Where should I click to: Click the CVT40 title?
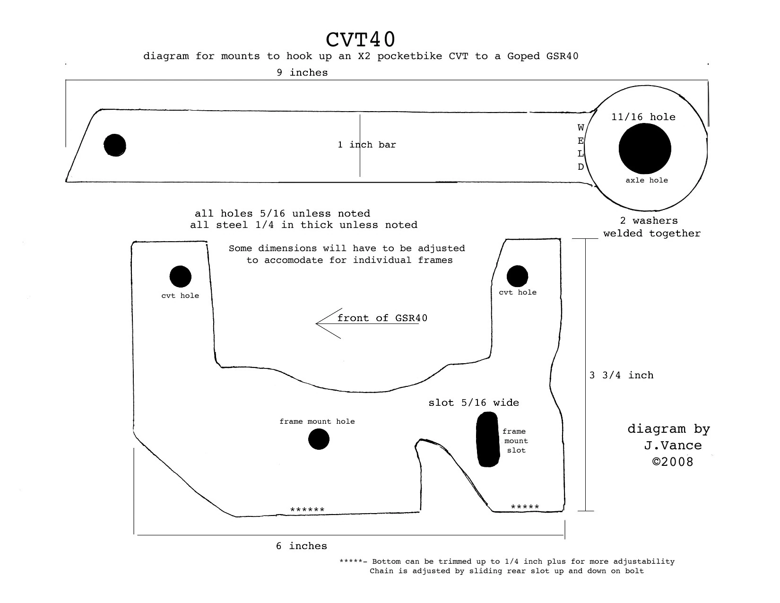(360, 39)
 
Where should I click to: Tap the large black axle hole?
(645, 149)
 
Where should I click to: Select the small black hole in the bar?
(115, 145)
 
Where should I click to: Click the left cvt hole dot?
(180, 277)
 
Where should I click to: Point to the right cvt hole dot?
(517, 276)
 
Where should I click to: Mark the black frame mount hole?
(319, 439)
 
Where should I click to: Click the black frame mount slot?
(488, 439)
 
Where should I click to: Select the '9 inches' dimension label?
(302, 72)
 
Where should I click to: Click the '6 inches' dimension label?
(302, 546)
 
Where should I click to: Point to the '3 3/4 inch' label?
(621, 376)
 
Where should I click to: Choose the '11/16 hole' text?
(643, 117)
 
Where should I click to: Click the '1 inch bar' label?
(367, 145)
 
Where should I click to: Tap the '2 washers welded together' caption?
(652, 227)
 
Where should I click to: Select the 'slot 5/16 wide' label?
(474, 402)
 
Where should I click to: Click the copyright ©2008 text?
(673, 462)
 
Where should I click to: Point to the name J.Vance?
(673, 446)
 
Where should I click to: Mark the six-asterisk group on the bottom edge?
(307, 509)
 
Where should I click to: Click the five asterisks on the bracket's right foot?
(525, 507)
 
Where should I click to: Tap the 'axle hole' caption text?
(647, 180)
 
